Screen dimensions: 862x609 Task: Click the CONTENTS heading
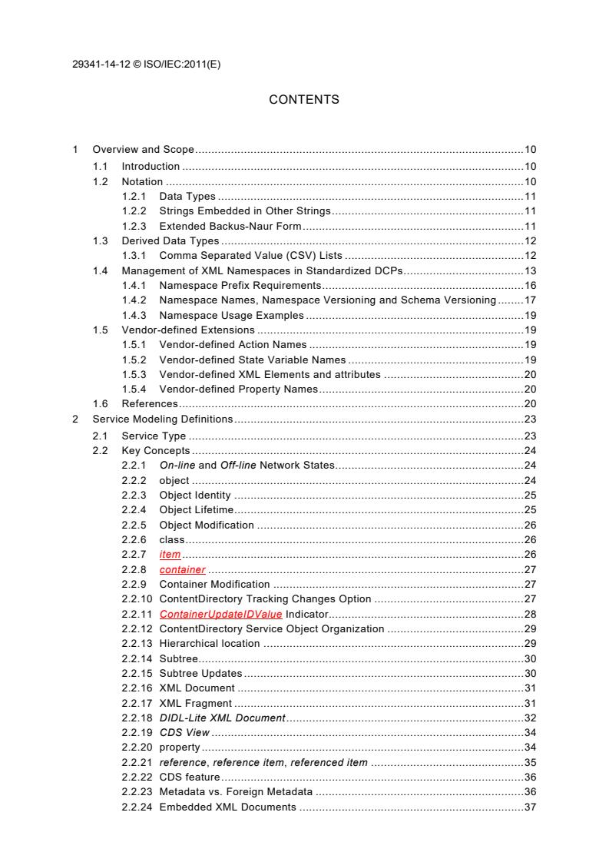pyautogui.click(x=304, y=100)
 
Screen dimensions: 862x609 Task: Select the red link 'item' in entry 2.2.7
pyautogui.click(x=170, y=555)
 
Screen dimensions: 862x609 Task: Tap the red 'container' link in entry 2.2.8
pyautogui.click(x=182, y=569)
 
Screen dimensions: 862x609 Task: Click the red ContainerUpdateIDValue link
pyautogui.click(x=220, y=614)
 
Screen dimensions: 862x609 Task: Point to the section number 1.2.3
pyautogui.click(x=134, y=226)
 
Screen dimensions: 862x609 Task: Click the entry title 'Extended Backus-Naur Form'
pyautogui.click(x=230, y=226)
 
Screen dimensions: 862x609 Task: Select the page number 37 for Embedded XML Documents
pyautogui.click(x=529, y=807)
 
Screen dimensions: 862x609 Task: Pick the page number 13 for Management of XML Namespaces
pyautogui.click(x=529, y=270)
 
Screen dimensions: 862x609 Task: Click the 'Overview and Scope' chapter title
pyautogui.click(x=143, y=149)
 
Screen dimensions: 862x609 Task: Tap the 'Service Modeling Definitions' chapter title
pyautogui.click(x=162, y=419)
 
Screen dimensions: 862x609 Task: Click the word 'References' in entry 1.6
pyautogui.click(x=150, y=403)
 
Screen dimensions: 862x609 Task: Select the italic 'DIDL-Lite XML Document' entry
pyautogui.click(x=222, y=718)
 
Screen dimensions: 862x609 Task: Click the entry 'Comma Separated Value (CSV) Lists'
pyautogui.click(x=250, y=256)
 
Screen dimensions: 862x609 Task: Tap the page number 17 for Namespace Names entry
pyautogui.click(x=529, y=300)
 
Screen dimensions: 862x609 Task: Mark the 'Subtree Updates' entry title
pyautogui.click(x=200, y=673)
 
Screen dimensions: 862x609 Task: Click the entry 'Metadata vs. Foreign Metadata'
pyautogui.click(x=235, y=791)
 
